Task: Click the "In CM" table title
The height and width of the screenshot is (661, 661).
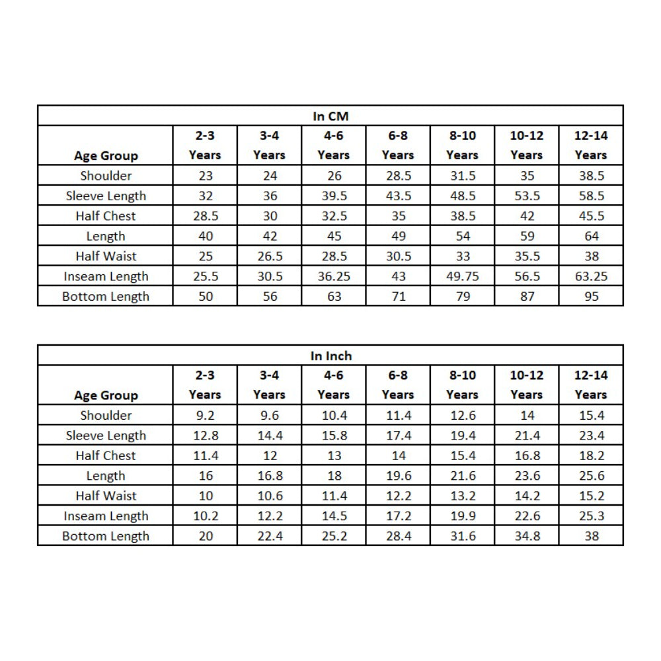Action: (x=330, y=116)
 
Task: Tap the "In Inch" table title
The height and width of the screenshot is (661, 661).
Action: (x=330, y=356)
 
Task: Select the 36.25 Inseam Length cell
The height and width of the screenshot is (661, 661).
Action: (x=334, y=276)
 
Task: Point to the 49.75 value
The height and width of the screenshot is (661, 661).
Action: (x=463, y=276)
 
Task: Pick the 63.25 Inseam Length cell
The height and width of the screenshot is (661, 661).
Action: (x=591, y=276)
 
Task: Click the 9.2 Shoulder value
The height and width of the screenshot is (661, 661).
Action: (x=206, y=416)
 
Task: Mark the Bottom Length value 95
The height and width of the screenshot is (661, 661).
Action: (x=591, y=296)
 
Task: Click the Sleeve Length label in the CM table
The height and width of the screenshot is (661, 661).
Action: (x=106, y=196)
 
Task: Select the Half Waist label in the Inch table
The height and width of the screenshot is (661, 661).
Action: (x=106, y=496)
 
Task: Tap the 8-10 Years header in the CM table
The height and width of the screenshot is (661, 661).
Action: (x=463, y=145)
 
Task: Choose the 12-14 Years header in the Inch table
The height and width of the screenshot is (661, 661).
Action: (x=591, y=385)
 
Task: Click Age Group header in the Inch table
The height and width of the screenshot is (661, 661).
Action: (x=106, y=395)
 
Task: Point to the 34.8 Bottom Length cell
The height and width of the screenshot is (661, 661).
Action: (x=527, y=536)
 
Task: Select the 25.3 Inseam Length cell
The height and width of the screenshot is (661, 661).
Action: (x=591, y=516)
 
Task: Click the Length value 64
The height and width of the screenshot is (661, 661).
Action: (x=591, y=236)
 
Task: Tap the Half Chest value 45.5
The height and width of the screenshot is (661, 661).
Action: (x=591, y=216)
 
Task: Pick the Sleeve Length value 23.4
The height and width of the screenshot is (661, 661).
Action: (x=591, y=436)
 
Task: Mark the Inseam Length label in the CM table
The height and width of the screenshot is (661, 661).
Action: (x=106, y=276)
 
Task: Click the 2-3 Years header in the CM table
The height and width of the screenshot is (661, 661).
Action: (x=206, y=145)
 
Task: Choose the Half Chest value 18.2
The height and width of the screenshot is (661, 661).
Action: (x=591, y=456)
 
